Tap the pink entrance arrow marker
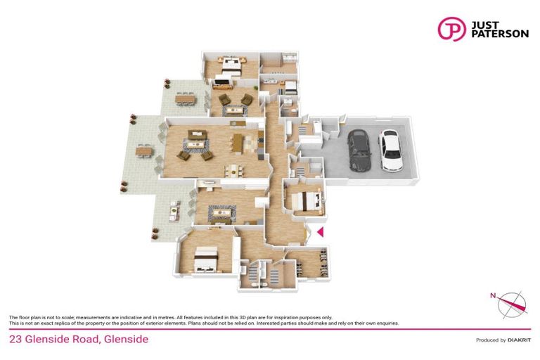coord(319,232)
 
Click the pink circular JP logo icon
coord(451,29)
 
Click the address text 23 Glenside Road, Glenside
coord(78,340)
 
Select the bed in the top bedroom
coord(231,67)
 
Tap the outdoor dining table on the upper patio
coord(187,100)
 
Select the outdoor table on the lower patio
coord(172,208)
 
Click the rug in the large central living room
coord(195,144)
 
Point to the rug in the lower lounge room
coord(222,212)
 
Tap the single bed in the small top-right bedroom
coord(289,88)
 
